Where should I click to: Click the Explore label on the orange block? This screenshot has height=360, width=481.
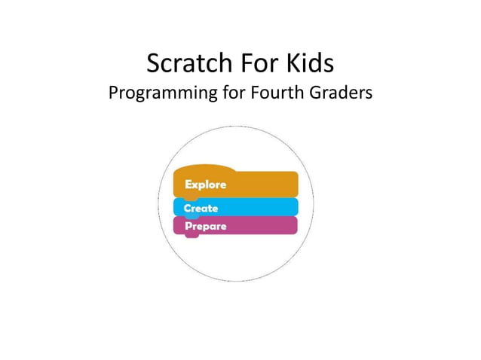[x=205, y=185]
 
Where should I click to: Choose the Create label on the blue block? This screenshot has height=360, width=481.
[x=201, y=208]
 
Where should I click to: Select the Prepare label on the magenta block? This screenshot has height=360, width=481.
[x=205, y=226]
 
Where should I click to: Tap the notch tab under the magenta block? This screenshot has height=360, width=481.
[x=192, y=235]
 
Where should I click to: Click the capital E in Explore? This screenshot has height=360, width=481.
[x=188, y=185]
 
